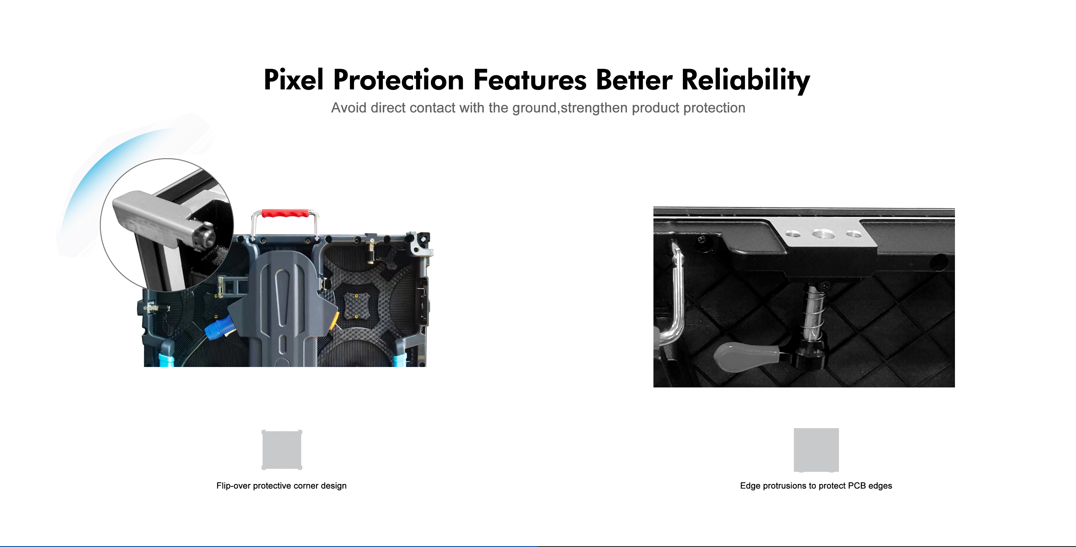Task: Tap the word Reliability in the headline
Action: point(746,81)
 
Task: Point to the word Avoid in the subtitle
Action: point(349,108)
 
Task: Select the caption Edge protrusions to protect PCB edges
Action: point(816,486)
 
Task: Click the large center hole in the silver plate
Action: point(823,234)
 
